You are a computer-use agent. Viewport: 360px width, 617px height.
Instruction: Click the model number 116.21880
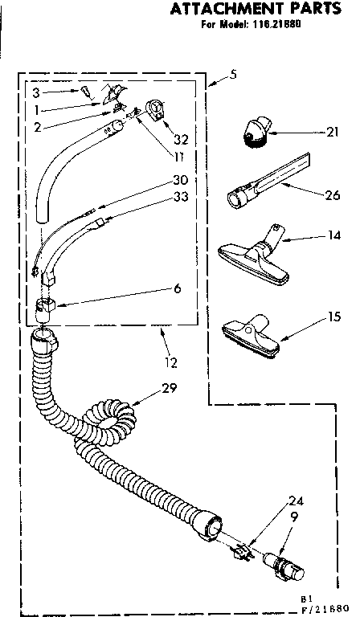pos(281,25)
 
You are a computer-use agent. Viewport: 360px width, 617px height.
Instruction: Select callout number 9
pos(293,518)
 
